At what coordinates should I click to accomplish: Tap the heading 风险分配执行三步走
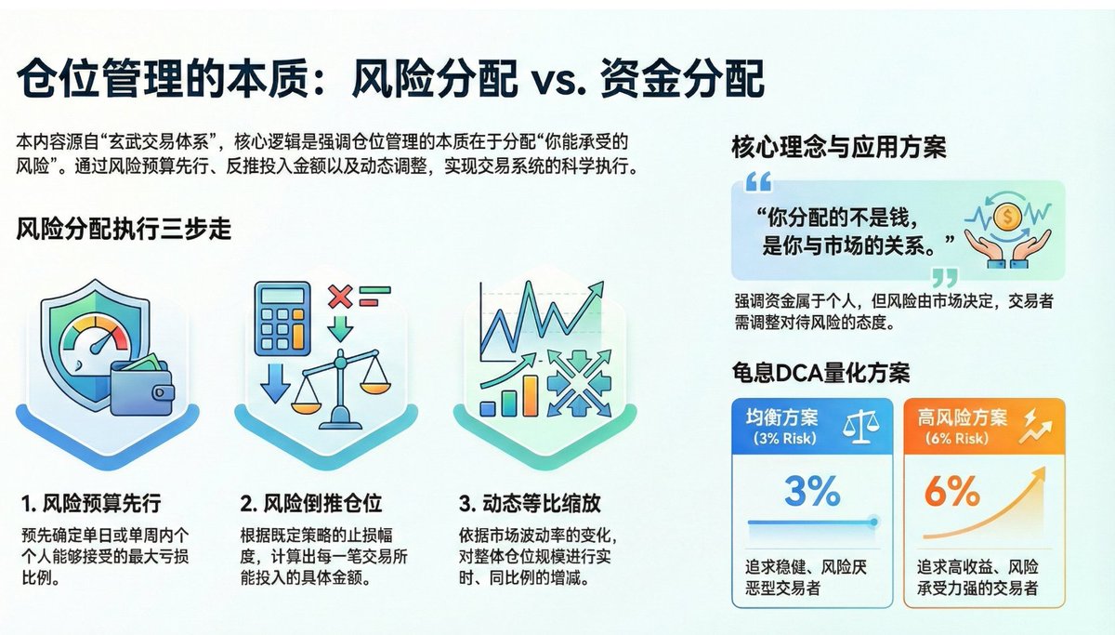click(124, 229)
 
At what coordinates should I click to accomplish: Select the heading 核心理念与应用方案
click(839, 147)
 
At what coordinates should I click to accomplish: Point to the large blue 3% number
click(812, 491)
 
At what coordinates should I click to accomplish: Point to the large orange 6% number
click(952, 491)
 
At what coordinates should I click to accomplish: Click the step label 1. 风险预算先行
click(91, 504)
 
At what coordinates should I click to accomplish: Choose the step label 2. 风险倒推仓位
click(310, 504)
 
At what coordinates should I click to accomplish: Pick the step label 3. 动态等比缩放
click(530, 504)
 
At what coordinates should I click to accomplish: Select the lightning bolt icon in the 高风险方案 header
click(1030, 427)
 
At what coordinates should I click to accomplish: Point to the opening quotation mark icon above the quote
click(758, 180)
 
